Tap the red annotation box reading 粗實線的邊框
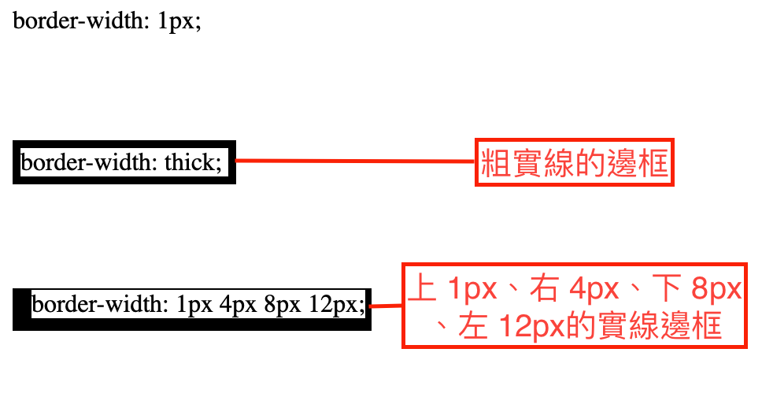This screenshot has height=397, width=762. pos(575,163)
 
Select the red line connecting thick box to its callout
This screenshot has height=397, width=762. pos(354,161)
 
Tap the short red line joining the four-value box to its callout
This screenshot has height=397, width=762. pos(386,306)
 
